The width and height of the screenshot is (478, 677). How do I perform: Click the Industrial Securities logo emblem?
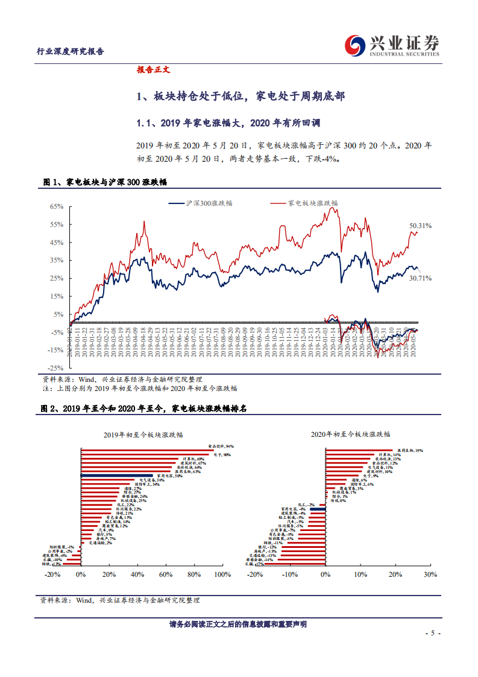click(x=354, y=45)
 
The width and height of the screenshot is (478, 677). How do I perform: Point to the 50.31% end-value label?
click(x=421, y=226)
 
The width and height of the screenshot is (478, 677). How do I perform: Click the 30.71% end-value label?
click(x=421, y=278)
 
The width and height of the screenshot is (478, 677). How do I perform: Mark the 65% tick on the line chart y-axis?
click(x=56, y=206)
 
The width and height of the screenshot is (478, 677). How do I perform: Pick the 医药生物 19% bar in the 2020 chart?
click(x=360, y=450)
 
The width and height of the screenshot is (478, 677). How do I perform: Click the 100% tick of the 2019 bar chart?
click(x=222, y=574)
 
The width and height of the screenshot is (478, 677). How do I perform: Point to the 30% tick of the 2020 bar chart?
click(x=430, y=574)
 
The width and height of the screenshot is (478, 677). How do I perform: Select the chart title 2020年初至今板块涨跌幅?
click(x=351, y=434)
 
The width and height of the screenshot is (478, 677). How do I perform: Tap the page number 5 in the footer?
click(x=431, y=634)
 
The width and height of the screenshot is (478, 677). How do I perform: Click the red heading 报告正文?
click(x=154, y=69)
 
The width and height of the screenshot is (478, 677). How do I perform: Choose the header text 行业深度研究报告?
click(x=71, y=51)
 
